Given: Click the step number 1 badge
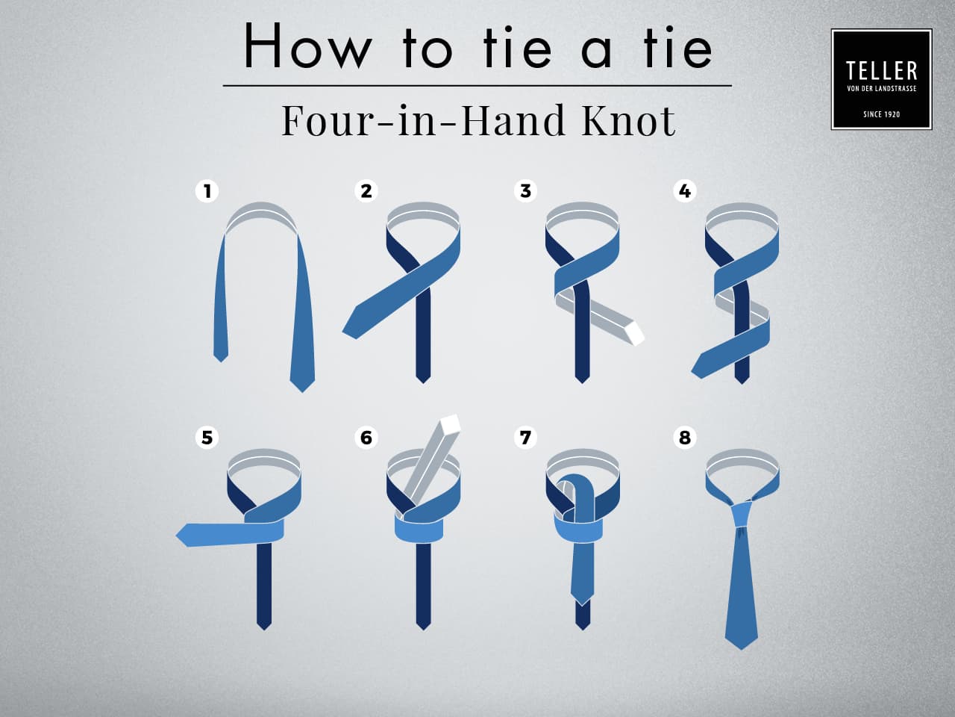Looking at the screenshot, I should [x=207, y=191].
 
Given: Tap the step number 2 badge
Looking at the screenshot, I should [x=366, y=191].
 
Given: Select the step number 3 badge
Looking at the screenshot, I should [x=525, y=191].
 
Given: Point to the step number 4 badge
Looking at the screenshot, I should [x=685, y=191].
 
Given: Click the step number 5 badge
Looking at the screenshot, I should [x=207, y=437].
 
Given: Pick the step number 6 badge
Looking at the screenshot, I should [x=366, y=437].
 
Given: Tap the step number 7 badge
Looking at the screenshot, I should [x=525, y=437].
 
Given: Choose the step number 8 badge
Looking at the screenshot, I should [x=685, y=437].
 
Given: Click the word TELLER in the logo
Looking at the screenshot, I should [x=881, y=71].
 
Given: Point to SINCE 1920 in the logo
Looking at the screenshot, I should [x=881, y=114].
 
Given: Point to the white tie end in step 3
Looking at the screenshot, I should [x=634, y=333].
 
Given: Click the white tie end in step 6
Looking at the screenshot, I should [x=450, y=426].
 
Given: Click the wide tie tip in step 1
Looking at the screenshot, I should [x=302, y=382].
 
